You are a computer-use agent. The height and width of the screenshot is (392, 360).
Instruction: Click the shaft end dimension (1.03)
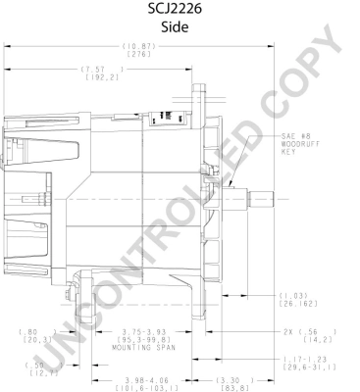point(293,295)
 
